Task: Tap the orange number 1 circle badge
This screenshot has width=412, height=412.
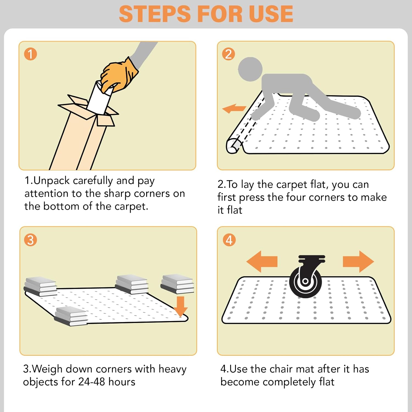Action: pyautogui.click(x=30, y=54)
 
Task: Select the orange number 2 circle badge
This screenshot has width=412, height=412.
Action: pyautogui.click(x=229, y=54)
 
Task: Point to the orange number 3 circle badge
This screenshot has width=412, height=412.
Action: pyautogui.click(x=30, y=240)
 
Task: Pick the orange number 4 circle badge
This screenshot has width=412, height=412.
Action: pyautogui.click(x=229, y=240)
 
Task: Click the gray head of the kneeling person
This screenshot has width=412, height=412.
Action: pyautogui.click(x=250, y=69)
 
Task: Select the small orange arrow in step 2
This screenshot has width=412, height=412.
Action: pyautogui.click(x=234, y=108)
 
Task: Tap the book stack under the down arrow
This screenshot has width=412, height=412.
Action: pyautogui.click(x=177, y=284)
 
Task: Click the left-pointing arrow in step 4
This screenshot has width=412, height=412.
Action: pyautogui.click(x=262, y=261)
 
